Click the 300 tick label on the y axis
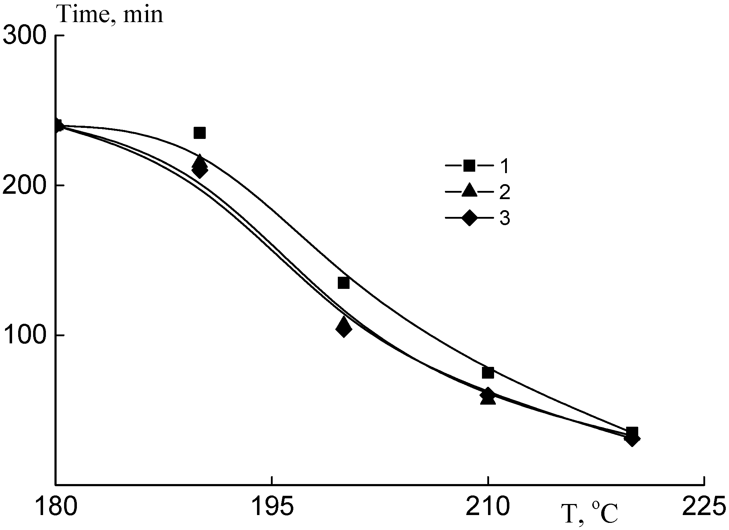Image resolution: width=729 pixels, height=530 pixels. [x=25, y=36]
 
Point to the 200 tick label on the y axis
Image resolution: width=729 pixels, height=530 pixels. [x=25, y=186]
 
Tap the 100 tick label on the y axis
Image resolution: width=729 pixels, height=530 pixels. [x=25, y=336]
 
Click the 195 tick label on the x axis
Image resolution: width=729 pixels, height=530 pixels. [x=272, y=507]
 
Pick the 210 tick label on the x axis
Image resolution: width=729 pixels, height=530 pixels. [x=488, y=507]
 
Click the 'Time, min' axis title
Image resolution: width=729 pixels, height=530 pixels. [x=110, y=15]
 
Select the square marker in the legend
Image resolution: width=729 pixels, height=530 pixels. [x=469, y=166]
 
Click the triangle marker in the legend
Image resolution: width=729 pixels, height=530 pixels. [x=469, y=191]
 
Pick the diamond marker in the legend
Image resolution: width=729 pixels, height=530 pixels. [x=469, y=218]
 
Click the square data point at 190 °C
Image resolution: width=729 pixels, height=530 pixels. [x=200, y=133]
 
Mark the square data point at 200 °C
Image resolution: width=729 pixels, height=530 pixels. [x=343, y=283]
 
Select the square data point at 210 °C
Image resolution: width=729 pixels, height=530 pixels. [x=488, y=373]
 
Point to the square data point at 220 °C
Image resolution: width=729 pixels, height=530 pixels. [x=632, y=432]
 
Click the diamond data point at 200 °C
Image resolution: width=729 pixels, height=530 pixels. [x=343, y=329]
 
